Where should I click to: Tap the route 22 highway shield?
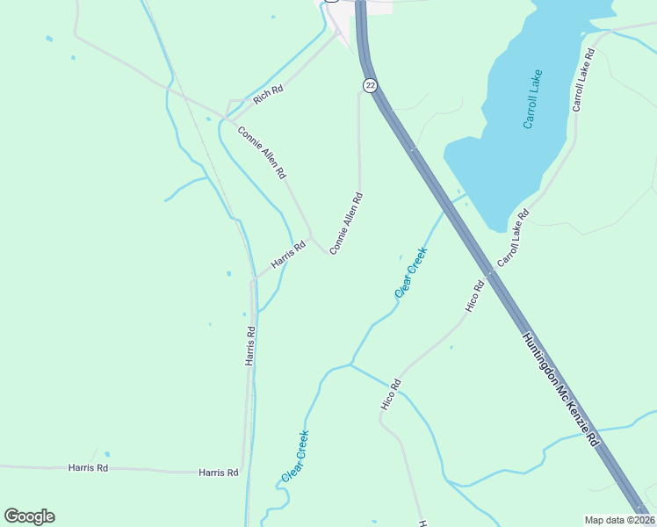tap(370, 85)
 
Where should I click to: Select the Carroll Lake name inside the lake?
tap(533, 99)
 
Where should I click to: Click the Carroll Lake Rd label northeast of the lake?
tap(583, 79)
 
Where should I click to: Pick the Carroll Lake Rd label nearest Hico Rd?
tap(513, 238)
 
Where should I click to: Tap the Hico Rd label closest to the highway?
tap(475, 296)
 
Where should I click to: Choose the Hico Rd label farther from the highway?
tap(391, 393)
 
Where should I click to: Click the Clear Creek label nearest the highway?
tap(411, 272)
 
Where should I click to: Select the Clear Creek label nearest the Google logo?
tap(296, 456)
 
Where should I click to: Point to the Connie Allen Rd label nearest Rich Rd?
tap(262, 153)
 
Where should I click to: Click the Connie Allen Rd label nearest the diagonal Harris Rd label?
tap(346, 224)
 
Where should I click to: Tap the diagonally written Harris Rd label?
tap(287, 256)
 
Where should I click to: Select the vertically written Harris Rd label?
tap(250, 346)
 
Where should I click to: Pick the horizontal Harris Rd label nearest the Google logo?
tap(88, 468)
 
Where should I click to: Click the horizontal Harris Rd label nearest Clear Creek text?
tap(219, 473)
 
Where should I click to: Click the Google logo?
tap(29, 516)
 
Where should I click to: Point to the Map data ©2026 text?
tap(618, 520)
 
